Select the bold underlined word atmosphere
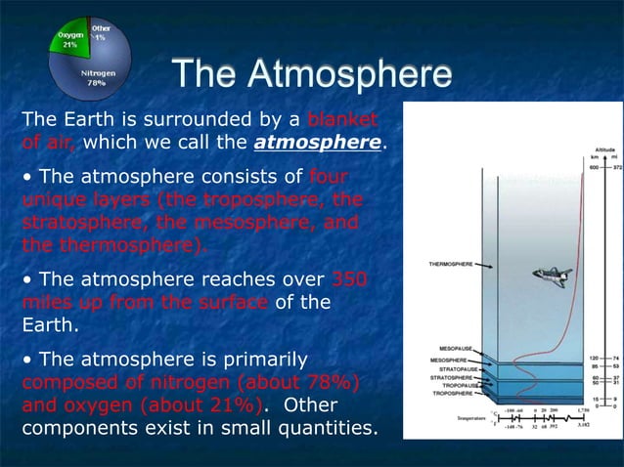[x=316, y=145]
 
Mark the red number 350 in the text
[x=350, y=278]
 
